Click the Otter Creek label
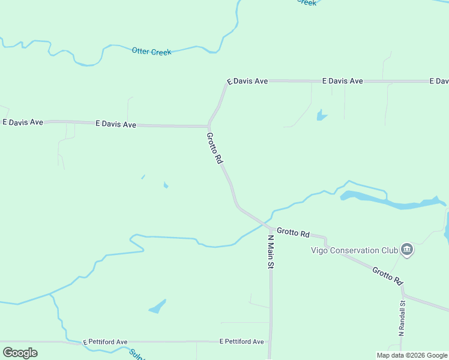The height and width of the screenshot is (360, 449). point(151,52)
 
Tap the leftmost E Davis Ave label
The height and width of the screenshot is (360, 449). point(23,122)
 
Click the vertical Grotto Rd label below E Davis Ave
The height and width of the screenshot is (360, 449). point(214,149)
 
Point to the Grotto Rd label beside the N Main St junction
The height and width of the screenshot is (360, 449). point(292,232)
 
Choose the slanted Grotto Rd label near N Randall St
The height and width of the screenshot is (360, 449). point(387,275)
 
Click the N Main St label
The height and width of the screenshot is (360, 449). point(271,251)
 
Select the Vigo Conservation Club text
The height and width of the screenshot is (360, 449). point(354,250)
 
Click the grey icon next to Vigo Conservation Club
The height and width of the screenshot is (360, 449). point(407,250)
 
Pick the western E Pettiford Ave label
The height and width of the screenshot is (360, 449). point(105,342)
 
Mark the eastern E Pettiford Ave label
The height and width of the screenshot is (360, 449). point(241,342)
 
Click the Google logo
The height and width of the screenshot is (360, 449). point(20,353)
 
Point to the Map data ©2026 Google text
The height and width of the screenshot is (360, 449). point(412,355)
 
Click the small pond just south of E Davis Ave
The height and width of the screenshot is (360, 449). point(321,115)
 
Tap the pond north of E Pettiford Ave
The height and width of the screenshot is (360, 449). point(157,307)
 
